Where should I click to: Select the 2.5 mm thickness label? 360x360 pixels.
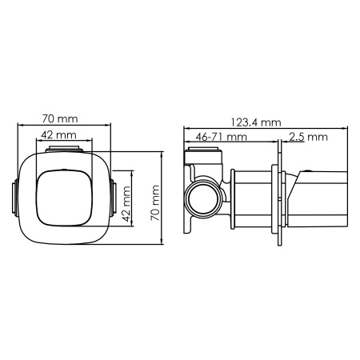308,137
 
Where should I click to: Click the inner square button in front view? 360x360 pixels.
63,197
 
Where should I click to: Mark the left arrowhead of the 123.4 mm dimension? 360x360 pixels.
186,128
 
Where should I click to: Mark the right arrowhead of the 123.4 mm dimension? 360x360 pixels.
350,128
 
